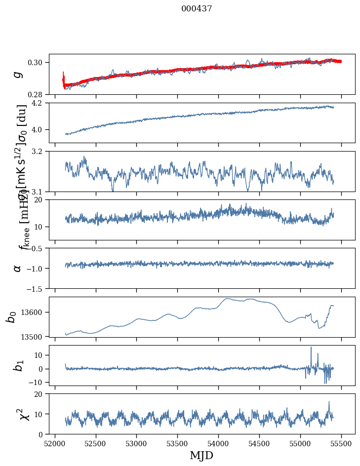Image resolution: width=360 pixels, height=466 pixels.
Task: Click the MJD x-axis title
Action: pos(201,455)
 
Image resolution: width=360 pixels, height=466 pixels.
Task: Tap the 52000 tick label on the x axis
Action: pos(55,443)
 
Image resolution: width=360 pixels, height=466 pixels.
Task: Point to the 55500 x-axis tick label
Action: pos(342,443)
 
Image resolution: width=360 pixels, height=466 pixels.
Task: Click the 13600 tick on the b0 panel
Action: pos(34,312)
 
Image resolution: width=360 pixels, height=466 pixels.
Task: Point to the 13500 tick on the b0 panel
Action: pos(34,337)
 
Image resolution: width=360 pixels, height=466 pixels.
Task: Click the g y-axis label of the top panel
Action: pos(18,74)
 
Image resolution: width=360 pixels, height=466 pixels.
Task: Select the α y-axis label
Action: pos(18,268)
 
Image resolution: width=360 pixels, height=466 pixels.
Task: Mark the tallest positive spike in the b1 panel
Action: pos(311,348)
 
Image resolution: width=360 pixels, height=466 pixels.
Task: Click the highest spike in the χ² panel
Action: pos(329,402)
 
